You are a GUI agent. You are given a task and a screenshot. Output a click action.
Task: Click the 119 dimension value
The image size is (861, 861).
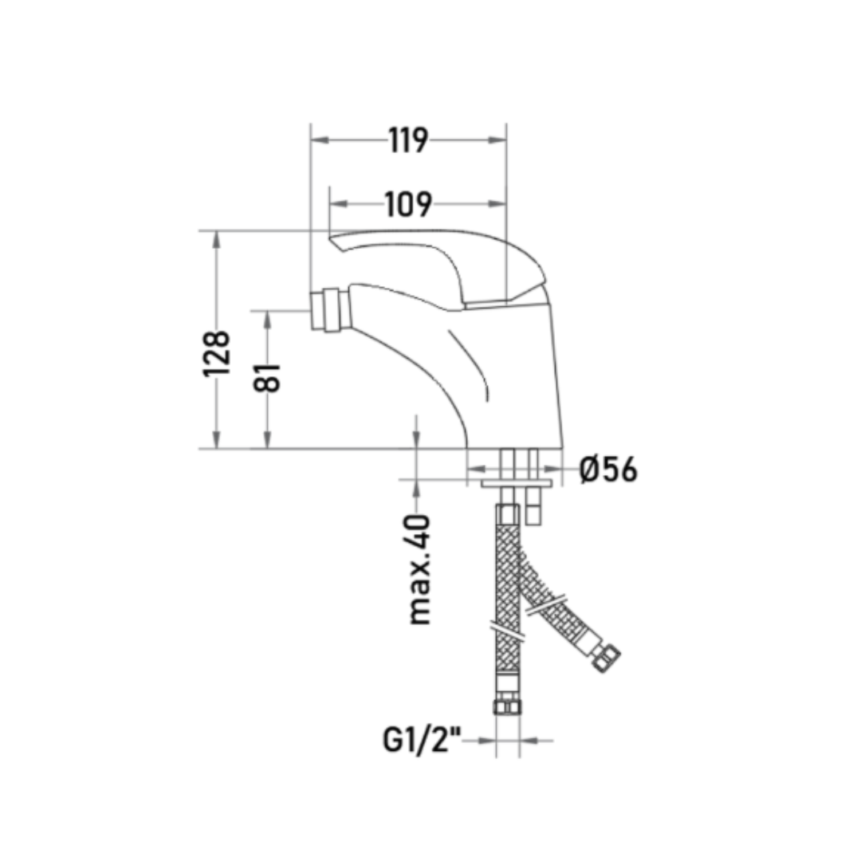click(x=408, y=140)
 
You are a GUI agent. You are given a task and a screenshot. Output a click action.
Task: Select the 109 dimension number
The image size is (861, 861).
click(x=408, y=204)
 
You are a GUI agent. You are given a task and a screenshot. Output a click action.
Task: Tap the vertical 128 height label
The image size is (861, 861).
click(x=216, y=354)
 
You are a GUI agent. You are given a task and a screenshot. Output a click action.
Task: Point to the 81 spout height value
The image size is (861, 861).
click(x=267, y=377)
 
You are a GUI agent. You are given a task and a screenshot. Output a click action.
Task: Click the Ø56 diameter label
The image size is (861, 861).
click(x=608, y=470)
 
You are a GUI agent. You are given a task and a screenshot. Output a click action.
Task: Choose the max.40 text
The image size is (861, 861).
click(x=419, y=569)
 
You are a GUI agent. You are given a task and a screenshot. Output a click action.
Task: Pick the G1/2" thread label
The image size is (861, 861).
click(x=422, y=740)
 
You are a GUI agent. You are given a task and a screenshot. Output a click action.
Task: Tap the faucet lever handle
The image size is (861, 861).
click(x=439, y=266)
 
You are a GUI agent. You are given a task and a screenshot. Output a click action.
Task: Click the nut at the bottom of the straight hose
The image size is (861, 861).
click(x=507, y=706)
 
